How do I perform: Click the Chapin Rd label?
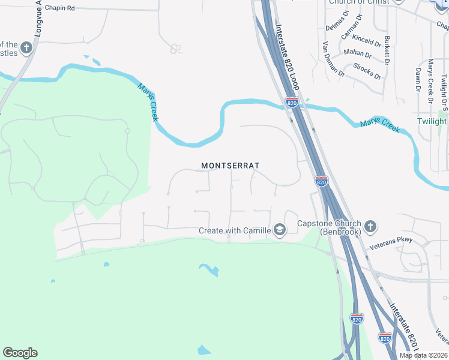pyautogui.click(x=63, y=9)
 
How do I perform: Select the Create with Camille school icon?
pyautogui.click(x=279, y=230)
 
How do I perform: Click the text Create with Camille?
pyautogui.click(x=235, y=230)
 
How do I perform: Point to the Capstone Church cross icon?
pyautogui.click(x=370, y=227)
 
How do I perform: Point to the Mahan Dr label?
pyautogui.click(x=358, y=53)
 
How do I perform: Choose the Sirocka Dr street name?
pyautogui.click(x=367, y=71)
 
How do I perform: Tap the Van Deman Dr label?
pyautogui.click(x=333, y=59)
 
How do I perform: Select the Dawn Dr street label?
pyautogui.click(x=418, y=79)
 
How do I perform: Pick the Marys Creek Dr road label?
pyautogui.click(x=430, y=80)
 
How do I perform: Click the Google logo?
pyautogui.click(x=20, y=353)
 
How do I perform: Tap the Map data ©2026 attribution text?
pyautogui.click(x=424, y=355)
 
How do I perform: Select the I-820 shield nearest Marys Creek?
pyautogui.click(x=292, y=103)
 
